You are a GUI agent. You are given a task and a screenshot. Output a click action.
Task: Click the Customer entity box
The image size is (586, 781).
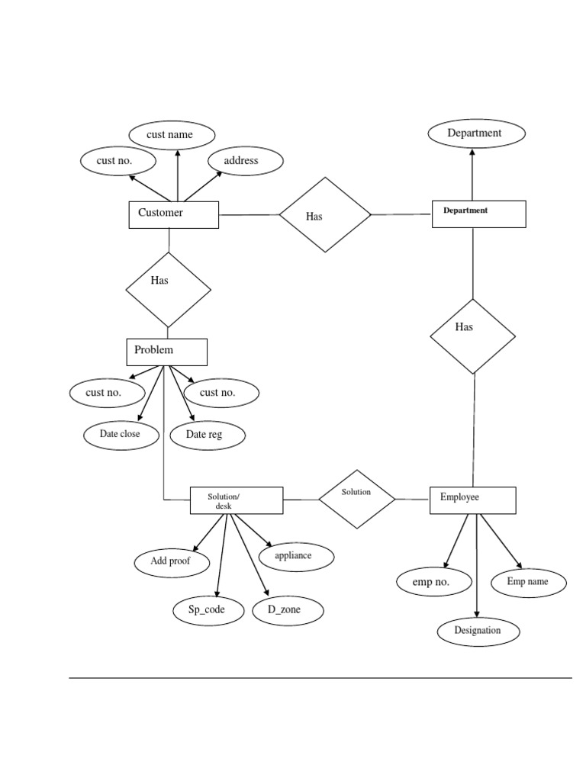[x=173, y=214]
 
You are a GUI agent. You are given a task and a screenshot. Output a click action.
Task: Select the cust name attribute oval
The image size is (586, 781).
[x=171, y=135]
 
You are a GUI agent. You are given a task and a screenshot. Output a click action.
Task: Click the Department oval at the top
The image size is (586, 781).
[x=475, y=133]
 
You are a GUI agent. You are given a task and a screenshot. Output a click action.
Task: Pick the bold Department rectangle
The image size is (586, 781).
[x=478, y=214]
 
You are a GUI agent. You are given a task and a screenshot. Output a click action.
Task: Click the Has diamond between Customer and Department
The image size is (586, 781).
[x=324, y=215]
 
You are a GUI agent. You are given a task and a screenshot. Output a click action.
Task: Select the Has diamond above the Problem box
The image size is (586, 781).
[x=168, y=289]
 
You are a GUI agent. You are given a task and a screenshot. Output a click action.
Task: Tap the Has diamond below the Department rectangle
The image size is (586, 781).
[x=472, y=336]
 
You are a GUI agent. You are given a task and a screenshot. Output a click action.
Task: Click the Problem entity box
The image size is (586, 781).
[x=166, y=352]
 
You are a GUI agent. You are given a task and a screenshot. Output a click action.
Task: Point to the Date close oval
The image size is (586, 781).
[x=121, y=435]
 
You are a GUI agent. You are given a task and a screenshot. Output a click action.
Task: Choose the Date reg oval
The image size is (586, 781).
[x=205, y=435]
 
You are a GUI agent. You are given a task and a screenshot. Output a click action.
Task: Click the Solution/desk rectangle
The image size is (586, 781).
[x=236, y=500]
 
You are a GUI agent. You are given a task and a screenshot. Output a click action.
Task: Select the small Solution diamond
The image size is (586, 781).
[x=356, y=499]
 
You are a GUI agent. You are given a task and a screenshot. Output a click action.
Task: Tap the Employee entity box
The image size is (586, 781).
[x=472, y=500]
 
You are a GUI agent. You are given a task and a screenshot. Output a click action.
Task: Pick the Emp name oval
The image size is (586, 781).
[x=528, y=582]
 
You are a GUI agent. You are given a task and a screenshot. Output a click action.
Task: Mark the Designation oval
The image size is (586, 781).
[x=478, y=631]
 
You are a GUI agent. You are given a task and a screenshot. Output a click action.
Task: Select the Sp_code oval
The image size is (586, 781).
[x=207, y=610]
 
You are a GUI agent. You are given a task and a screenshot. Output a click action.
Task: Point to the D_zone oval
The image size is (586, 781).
[x=287, y=610]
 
